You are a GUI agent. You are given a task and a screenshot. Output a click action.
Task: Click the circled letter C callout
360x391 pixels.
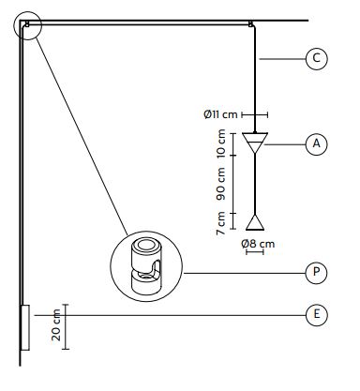(317, 58)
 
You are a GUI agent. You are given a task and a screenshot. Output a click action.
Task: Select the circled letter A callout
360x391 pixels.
(317, 144)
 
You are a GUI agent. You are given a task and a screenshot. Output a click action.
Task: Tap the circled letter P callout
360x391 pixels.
(317, 273)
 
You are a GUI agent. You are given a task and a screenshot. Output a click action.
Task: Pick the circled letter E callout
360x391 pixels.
(317, 314)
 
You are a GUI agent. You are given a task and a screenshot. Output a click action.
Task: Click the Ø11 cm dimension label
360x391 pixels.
(220, 114)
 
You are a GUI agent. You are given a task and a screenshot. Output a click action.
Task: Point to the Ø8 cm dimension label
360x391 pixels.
(258, 244)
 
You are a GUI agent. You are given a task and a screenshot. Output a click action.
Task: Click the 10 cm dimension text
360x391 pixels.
(220, 143)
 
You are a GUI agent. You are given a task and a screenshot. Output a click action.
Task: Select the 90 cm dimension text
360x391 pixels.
(220, 184)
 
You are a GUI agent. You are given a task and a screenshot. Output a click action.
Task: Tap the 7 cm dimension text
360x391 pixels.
(220, 223)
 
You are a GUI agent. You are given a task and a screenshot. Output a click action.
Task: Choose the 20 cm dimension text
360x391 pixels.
(56, 325)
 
